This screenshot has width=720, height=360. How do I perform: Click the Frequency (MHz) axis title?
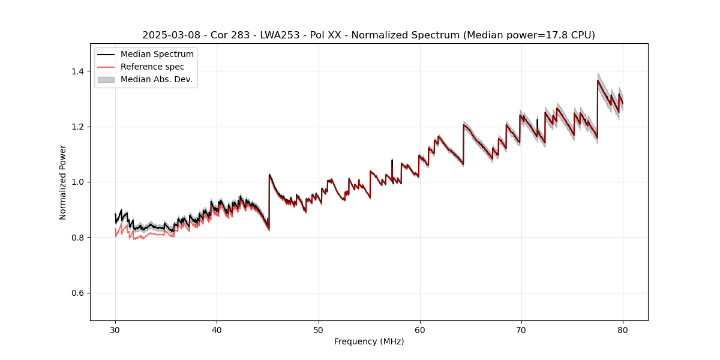pos(369,341)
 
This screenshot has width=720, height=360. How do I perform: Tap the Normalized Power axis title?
pos(63,182)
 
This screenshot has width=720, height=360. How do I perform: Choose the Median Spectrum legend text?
pos(157,55)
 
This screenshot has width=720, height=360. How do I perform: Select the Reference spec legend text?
pos(152,67)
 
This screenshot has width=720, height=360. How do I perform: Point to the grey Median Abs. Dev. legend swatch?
pos(106,79)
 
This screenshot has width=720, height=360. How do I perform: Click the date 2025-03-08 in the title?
pos(168,35)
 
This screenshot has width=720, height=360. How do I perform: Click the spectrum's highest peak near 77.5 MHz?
pos(598,81)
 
